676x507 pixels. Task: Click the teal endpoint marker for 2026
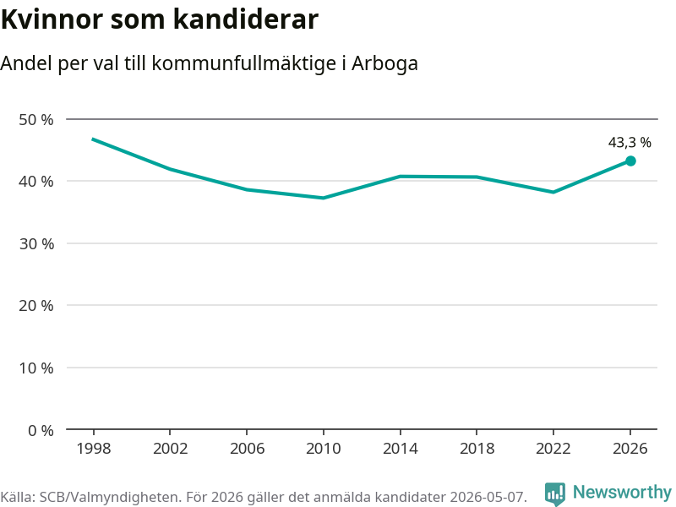[630, 161]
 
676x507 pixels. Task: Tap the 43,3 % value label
[630, 142]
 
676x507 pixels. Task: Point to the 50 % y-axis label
[36, 119]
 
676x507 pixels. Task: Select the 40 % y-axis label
[36, 182]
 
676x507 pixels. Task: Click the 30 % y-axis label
[36, 244]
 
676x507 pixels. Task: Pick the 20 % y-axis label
[36, 306]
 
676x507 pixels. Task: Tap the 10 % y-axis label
[36, 368]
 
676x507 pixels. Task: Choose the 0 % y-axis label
[41, 430]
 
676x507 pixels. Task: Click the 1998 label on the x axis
[94, 449]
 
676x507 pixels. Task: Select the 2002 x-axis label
[171, 449]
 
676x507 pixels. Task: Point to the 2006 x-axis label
[247, 449]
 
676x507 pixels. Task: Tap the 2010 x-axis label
[324, 449]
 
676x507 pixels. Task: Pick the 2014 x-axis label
[400, 449]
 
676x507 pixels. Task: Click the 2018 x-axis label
[477, 449]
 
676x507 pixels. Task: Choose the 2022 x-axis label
[553, 449]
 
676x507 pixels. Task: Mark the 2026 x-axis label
[630, 449]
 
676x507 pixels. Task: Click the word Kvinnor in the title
[52, 19]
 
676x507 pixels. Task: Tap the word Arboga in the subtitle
[385, 63]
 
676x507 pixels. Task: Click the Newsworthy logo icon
[555, 493]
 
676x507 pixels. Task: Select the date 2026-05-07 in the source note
[487, 497]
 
